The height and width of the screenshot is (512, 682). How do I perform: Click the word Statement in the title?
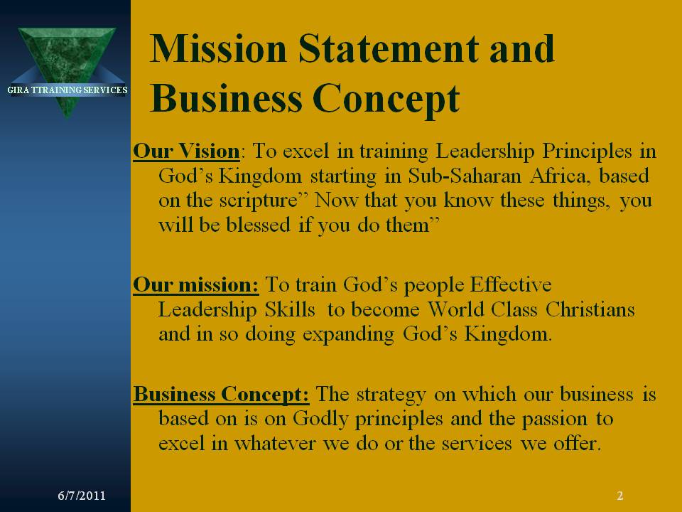point(389,48)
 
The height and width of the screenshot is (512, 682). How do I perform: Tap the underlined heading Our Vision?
point(186,151)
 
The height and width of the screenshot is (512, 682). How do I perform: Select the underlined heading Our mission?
point(196,285)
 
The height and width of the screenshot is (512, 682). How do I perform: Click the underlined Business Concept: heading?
point(221,395)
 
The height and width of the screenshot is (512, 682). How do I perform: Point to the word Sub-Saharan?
point(465,176)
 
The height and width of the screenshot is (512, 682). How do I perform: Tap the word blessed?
point(258,225)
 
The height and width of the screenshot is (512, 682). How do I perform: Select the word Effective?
point(511,284)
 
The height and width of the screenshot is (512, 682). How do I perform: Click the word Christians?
point(590,309)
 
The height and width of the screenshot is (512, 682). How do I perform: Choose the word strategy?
point(391,395)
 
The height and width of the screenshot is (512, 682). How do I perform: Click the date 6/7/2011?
point(82,496)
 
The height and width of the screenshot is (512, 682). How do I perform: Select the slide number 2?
point(620,496)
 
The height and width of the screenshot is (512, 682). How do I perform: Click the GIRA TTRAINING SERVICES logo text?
point(67,90)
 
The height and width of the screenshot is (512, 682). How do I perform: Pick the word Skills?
point(290,309)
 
